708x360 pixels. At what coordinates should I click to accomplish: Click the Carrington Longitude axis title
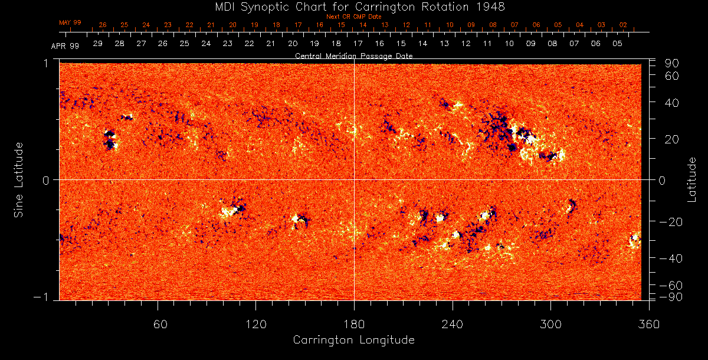(353, 340)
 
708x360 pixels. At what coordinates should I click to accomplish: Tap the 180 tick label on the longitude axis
(354, 323)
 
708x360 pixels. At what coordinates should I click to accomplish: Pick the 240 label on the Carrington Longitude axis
(453, 323)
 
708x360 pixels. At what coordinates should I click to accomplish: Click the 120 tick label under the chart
(256, 323)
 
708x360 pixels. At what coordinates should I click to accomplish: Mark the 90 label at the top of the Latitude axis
(673, 63)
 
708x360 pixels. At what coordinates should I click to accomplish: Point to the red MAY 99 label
(70, 22)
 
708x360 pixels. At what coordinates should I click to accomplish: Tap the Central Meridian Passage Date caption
(353, 56)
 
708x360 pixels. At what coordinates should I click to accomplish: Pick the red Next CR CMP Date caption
(353, 17)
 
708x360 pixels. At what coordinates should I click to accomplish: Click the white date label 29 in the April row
(98, 44)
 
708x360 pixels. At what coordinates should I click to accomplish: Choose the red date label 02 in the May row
(623, 25)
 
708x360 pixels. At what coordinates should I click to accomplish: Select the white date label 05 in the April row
(617, 44)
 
